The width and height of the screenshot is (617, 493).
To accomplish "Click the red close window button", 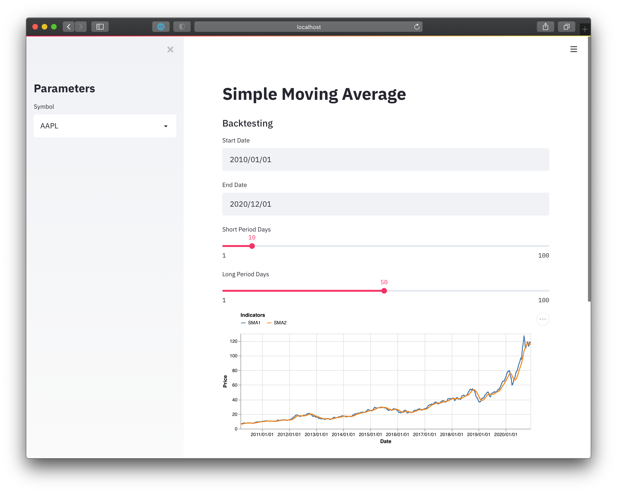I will coord(35,27).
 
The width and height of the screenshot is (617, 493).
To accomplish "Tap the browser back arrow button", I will coord(69,27).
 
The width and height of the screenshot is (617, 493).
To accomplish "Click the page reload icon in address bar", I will coord(417,27).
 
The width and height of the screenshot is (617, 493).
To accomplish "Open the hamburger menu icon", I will coord(573,49).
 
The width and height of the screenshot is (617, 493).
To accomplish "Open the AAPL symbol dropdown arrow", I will coord(166,126).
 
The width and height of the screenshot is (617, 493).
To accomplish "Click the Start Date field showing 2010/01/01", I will coord(386,160).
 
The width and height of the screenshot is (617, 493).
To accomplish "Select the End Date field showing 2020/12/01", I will coord(386,204).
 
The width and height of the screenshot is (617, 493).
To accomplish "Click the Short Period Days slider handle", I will coord(252,246).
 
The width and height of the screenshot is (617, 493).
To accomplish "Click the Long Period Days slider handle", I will coord(384,291).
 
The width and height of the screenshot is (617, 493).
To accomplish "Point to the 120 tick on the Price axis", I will coord(234,341).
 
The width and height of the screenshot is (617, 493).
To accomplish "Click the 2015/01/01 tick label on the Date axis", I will coord(370,434).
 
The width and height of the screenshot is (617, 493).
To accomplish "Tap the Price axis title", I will coord(225,381).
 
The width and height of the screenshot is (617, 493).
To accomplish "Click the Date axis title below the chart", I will coord(386,441).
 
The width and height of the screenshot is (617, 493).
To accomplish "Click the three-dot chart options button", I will coord(543,319).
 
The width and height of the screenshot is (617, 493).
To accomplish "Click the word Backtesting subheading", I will coord(248,123).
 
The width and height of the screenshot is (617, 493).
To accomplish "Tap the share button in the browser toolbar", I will coord(546,27).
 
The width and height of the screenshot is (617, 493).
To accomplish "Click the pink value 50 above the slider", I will coord(384,282).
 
